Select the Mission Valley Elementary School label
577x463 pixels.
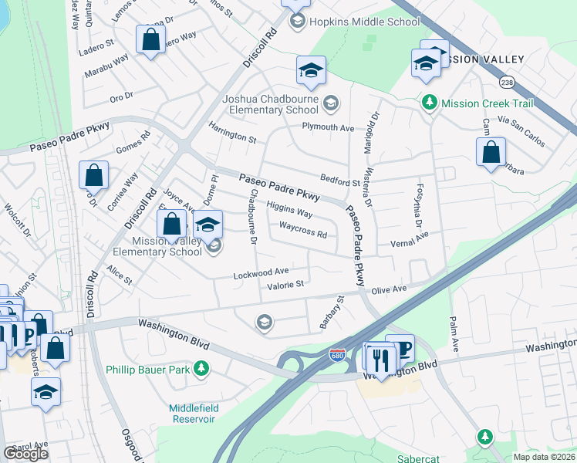(x=157, y=246)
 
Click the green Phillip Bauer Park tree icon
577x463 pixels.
(x=201, y=369)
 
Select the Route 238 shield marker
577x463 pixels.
(x=507, y=81)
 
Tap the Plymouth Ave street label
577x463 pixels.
(x=328, y=127)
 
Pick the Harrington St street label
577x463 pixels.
(x=231, y=133)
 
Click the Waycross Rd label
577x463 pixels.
(x=303, y=231)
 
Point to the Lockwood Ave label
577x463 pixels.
(x=261, y=272)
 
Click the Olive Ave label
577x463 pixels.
(x=389, y=289)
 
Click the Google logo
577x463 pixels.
(x=25, y=453)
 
